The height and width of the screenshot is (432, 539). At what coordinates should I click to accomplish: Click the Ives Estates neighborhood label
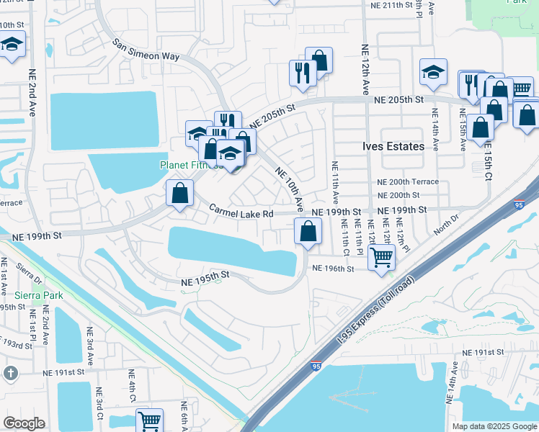(393, 146)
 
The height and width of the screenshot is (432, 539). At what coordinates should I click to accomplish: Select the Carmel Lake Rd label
(241, 212)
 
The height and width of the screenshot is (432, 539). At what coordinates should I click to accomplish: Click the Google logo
(24, 423)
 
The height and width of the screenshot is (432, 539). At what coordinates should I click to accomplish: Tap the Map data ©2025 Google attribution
(494, 426)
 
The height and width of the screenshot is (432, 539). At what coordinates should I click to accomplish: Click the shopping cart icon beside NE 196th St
(380, 256)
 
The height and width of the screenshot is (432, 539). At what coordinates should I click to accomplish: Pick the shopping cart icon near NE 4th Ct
(149, 420)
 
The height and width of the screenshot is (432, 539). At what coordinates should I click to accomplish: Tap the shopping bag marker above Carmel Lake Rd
(179, 193)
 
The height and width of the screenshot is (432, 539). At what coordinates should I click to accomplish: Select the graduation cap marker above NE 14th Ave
(433, 71)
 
